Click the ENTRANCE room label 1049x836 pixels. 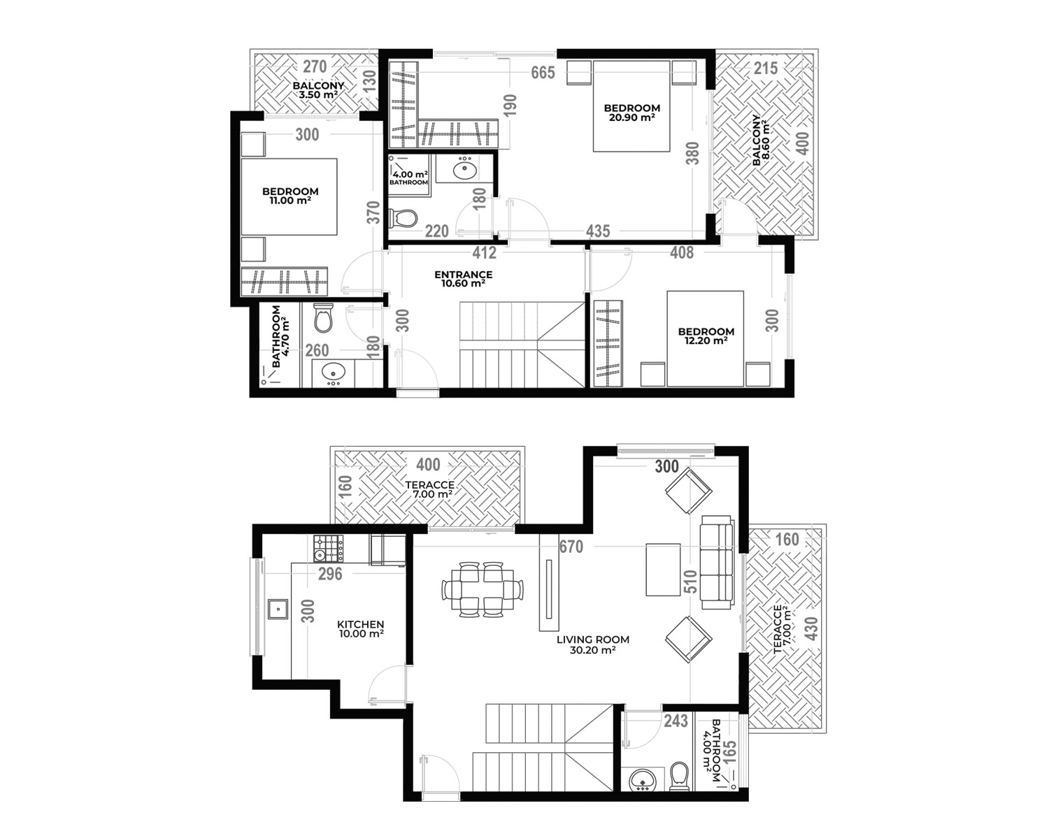(x=463, y=274)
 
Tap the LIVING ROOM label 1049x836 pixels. (x=593, y=639)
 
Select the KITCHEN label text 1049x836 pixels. (x=360, y=624)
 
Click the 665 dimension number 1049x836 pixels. (x=543, y=73)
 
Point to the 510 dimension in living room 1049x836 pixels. (x=690, y=582)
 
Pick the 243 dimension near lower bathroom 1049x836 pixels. (x=676, y=721)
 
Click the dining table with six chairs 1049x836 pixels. (x=483, y=590)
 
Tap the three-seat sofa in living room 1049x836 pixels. (x=717, y=562)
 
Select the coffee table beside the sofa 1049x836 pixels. (x=663, y=570)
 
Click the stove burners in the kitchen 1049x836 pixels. (x=328, y=549)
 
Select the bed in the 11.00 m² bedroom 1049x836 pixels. (x=289, y=196)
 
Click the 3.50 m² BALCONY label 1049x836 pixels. (x=317, y=90)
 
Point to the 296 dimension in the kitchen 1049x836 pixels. (x=330, y=574)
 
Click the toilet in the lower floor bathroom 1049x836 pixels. (x=680, y=777)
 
